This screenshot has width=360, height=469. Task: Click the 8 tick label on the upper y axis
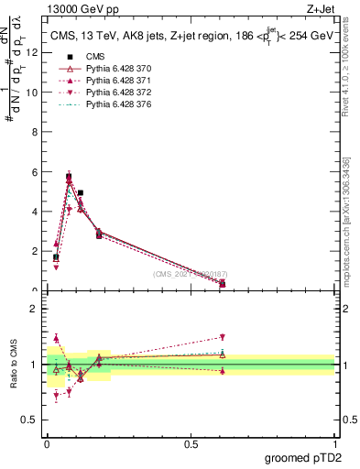pyautogui.click(x=34, y=132)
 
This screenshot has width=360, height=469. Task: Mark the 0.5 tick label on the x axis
pyautogui.click(x=191, y=443)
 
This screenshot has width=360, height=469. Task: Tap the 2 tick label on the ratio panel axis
pyautogui.click(x=34, y=309)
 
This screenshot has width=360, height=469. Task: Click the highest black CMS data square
pyautogui.click(x=69, y=177)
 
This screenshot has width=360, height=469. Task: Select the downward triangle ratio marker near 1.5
pyautogui.click(x=222, y=337)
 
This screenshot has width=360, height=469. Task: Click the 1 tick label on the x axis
pyautogui.click(x=334, y=443)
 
